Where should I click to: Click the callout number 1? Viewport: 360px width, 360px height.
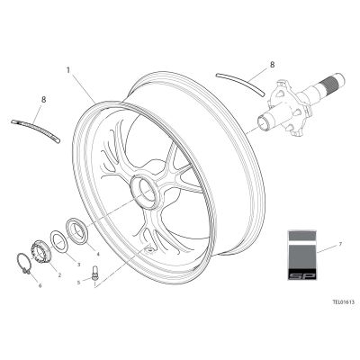[x=68, y=70]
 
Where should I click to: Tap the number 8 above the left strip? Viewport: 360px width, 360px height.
[x=44, y=100]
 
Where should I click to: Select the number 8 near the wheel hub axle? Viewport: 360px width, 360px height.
[x=272, y=65]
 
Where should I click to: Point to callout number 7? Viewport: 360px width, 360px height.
[x=340, y=245]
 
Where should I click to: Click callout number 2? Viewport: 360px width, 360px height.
[x=59, y=274]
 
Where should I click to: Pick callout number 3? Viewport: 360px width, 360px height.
[x=79, y=265]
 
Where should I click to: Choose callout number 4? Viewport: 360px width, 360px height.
[x=98, y=254]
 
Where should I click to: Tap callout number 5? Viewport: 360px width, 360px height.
[x=79, y=283]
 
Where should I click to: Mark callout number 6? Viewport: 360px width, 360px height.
[x=40, y=286]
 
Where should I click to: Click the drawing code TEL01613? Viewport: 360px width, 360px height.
[x=343, y=302]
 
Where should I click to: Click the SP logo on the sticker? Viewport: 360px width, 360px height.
[x=302, y=275]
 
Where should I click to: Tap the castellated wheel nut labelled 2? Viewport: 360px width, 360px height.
[x=40, y=251]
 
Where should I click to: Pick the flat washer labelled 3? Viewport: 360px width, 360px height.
[x=59, y=240]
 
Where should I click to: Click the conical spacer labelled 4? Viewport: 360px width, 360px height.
[x=77, y=231]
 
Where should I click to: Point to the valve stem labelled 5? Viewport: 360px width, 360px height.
[x=95, y=273]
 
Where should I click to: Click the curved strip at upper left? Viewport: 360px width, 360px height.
[x=36, y=130]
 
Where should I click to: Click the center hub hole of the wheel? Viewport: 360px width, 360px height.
[x=145, y=192]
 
